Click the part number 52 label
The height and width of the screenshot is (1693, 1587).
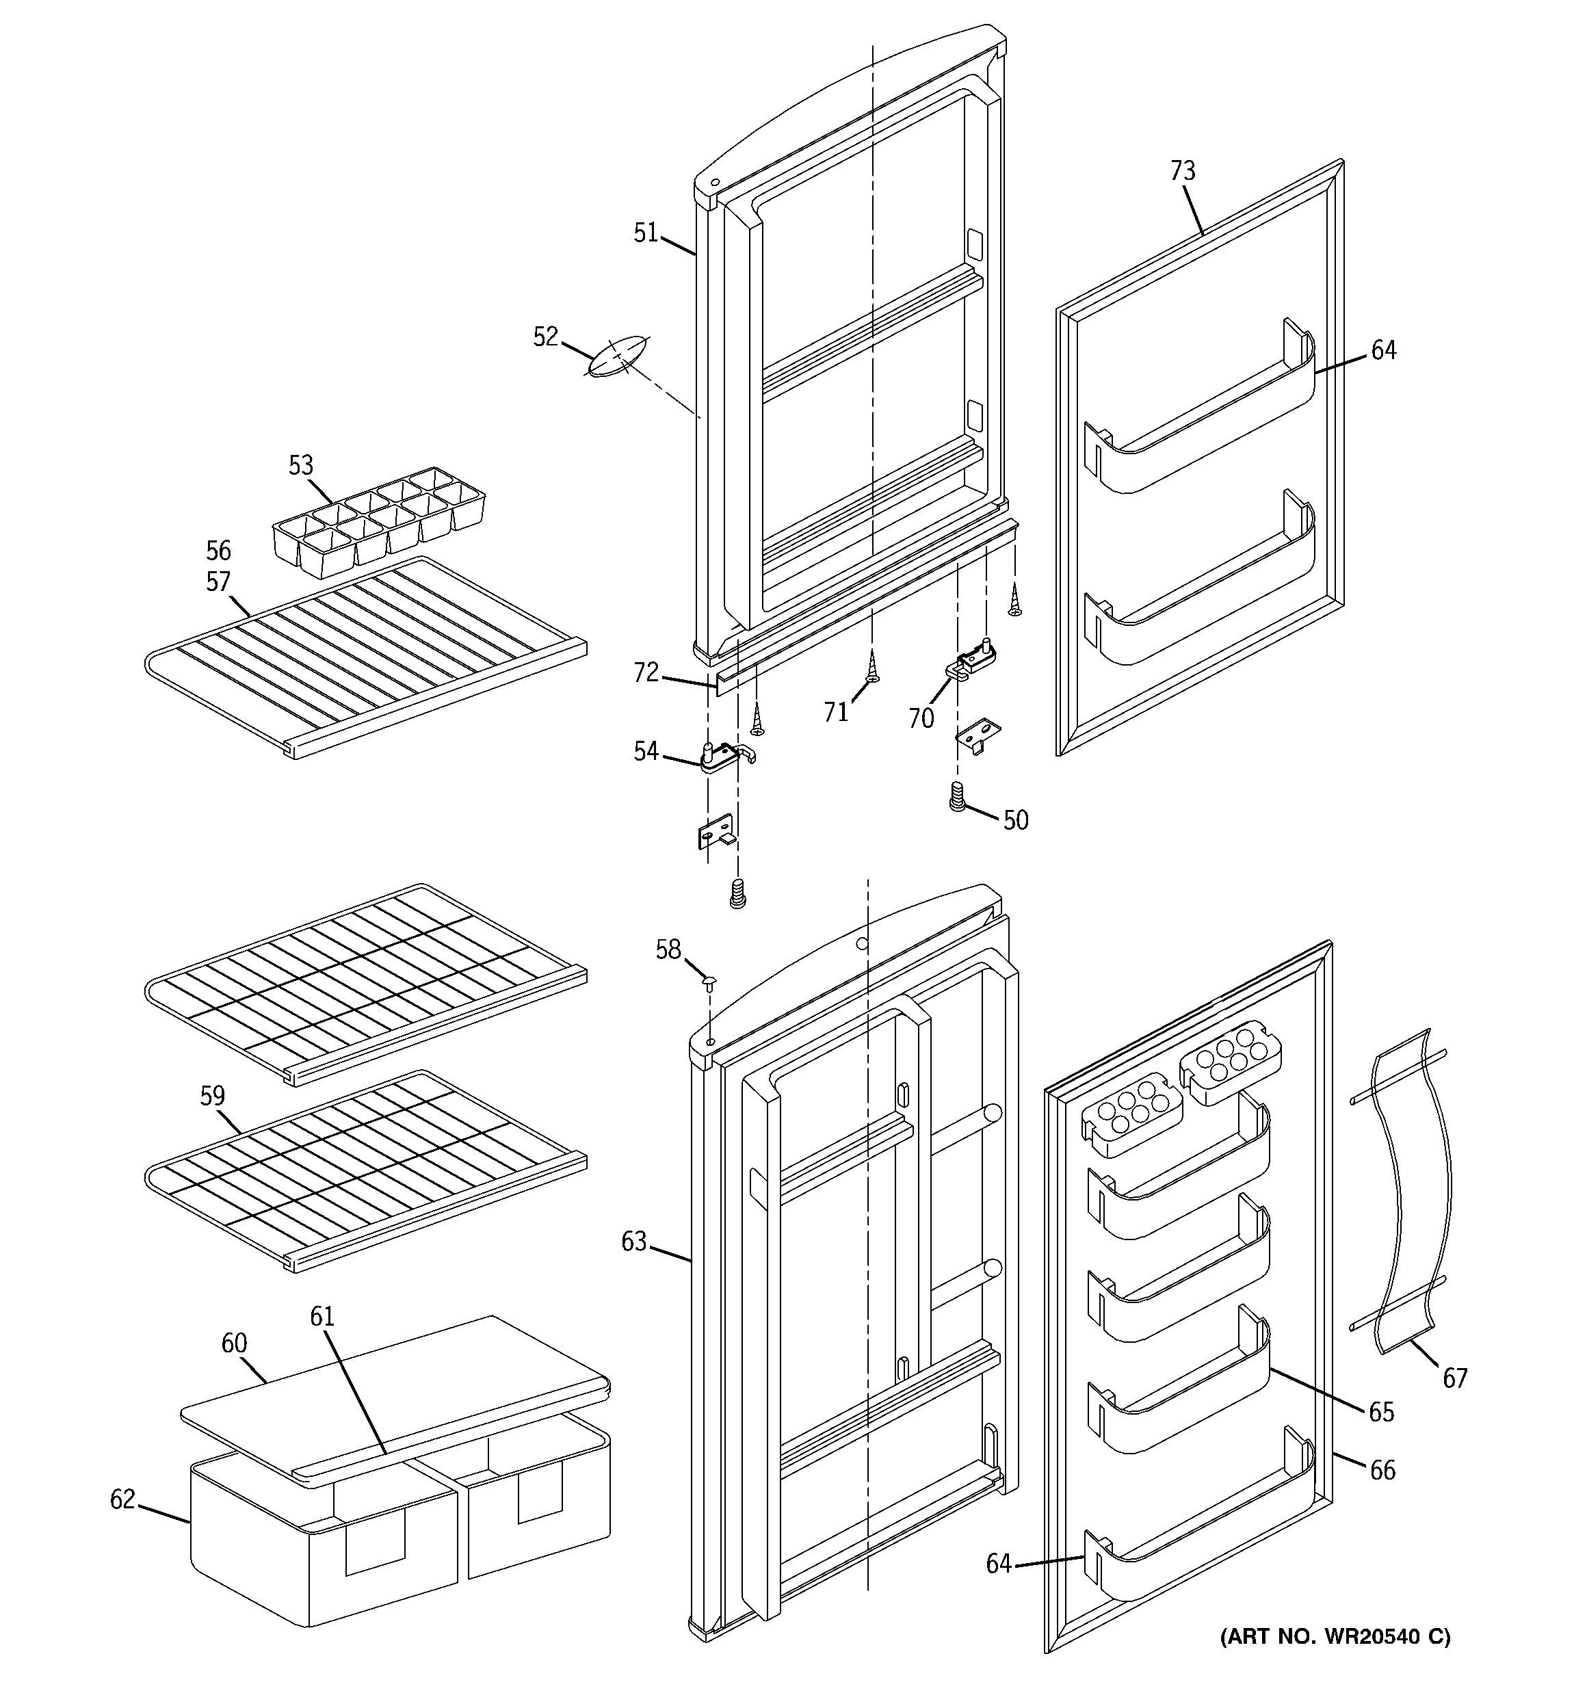click(x=545, y=337)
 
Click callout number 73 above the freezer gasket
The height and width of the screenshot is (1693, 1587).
click(x=1182, y=171)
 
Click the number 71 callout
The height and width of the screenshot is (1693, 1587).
click(x=836, y=712)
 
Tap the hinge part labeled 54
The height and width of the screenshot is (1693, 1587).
click(x=722, y=754)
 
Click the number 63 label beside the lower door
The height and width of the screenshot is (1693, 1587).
click(x=634, y=1242)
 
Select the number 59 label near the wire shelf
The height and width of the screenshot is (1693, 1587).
click(x=212, y=1095)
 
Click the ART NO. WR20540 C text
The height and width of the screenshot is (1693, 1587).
click(x=1335, y=1635)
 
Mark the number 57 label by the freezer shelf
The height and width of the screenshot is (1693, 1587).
click(x=218, y=581)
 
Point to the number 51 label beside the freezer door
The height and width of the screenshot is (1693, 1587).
click(x=646, y=233)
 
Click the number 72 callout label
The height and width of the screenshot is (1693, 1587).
click(x=646, y=673)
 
